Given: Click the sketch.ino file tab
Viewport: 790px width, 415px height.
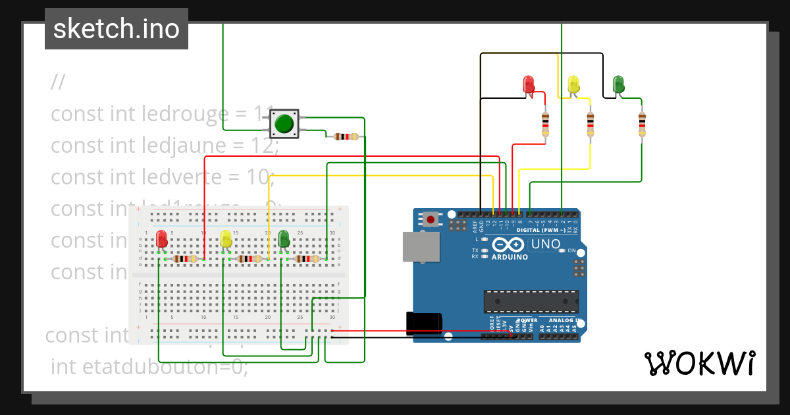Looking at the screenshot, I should pyautogui.click(x=117, y=29).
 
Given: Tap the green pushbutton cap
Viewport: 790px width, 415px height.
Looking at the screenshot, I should pyautogui.click(x=284, y=123).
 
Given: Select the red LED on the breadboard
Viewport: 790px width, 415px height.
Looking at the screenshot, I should pyautogui.click(x=161, y=239).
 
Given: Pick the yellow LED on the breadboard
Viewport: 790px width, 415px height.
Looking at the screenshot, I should pyautogui.click(x=226, y=238).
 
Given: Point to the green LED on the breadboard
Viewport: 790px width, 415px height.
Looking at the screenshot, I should pyautogui.click(x=284, y=238).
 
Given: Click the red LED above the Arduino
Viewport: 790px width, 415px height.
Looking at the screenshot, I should pyautogui.click(x=528, y=84).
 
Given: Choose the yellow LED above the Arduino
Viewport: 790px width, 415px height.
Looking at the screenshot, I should pyautogui.click(x=573, y=84).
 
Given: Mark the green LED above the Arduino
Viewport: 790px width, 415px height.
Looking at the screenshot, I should pyautogui.click(x=618, y=84).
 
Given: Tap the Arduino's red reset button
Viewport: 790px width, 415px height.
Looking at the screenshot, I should pyautogui.click(x=431, y=219).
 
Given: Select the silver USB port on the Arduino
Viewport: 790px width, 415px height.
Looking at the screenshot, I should pyautogui.click(x=421, y=247).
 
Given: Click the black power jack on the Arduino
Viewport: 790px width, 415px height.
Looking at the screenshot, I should pyautogui.click(x=424, y=322).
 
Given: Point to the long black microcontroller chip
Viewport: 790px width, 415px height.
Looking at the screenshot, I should pyautogui.click(x=531, y=301).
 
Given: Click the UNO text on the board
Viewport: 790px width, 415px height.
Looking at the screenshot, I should pyautogui.click(x=546, y=244).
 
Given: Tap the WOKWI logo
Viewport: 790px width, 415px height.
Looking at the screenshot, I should pyautogui.click(x=699, y=363).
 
